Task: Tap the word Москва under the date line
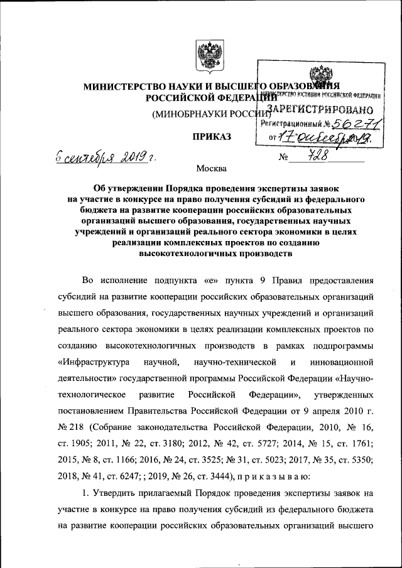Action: tap(210, 168)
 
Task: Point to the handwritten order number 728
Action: tap(325, 155)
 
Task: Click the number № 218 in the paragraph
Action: tap(71, 427)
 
